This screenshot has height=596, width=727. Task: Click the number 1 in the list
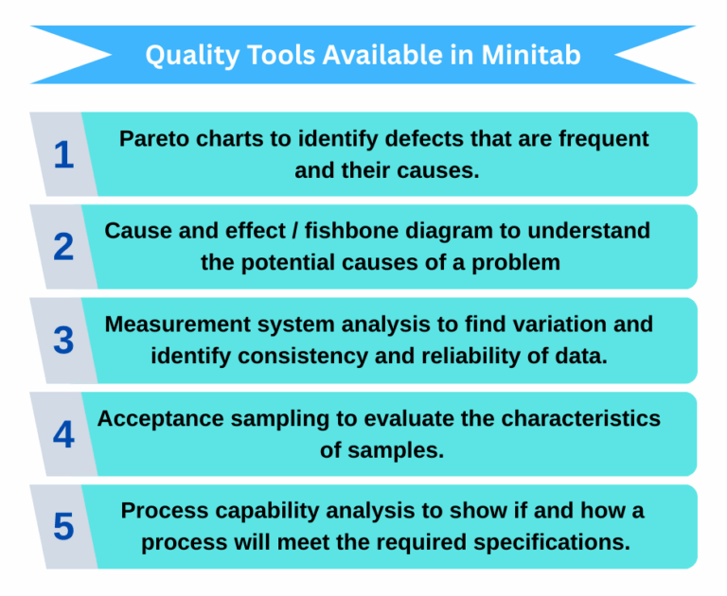click(63, 154)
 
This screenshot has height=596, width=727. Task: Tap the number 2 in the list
click(63, 247)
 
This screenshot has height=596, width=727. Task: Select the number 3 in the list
click(63, 341)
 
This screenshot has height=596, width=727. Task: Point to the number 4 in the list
click(63, 434)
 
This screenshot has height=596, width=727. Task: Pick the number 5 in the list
click(63, 527)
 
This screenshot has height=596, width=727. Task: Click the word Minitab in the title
click(531, 55)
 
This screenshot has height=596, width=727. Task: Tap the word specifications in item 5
click(555, 543)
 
